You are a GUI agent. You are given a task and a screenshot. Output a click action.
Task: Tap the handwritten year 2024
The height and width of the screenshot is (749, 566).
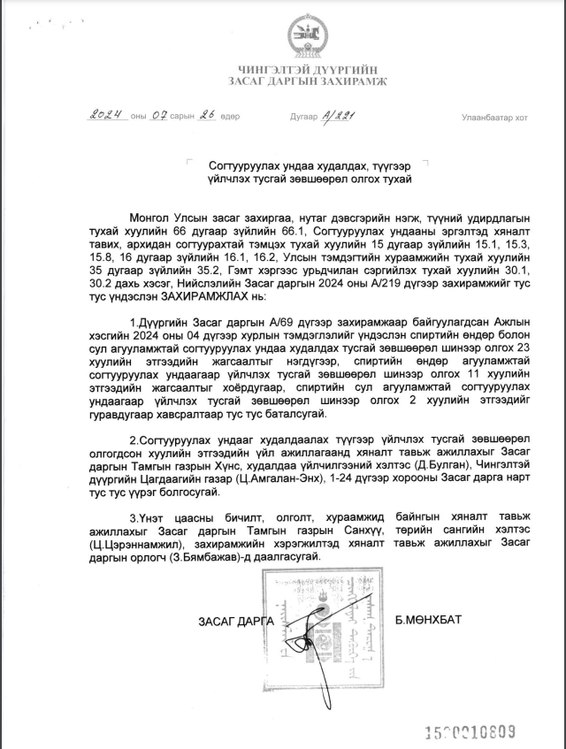[106, 115]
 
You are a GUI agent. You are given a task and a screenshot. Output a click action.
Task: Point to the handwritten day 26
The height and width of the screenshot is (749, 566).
[208, 115]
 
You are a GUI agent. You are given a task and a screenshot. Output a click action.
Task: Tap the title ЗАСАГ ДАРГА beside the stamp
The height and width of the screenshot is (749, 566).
[233, 621]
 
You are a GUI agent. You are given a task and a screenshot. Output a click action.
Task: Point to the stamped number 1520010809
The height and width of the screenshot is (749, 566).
[470, 730]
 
